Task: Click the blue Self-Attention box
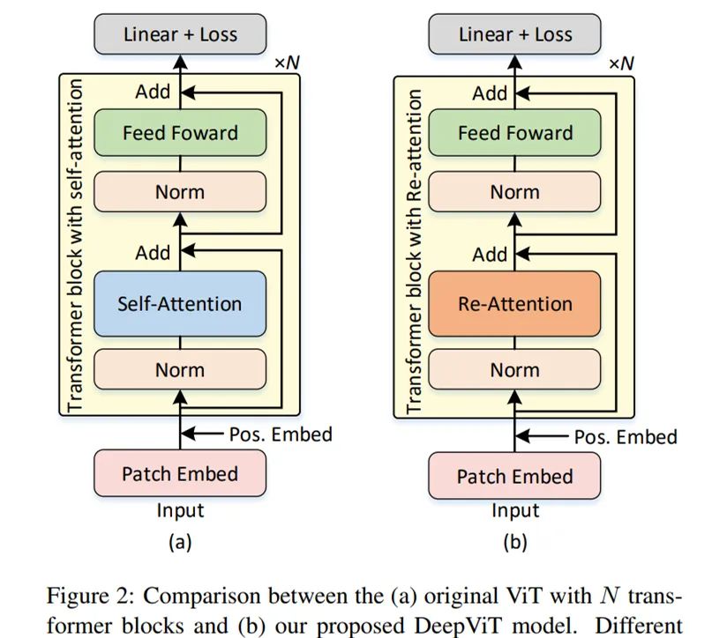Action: pyautogui.click(x=179, y=303)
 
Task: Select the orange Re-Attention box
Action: pyautogui.click(x=514, y=303)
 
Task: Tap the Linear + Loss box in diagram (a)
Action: pyautogui.click(x=180, y=35)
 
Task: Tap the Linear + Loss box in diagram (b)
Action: pyautogui.click(x=514, y=35)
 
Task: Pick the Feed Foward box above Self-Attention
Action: pyautogui.click(x=180, y=133)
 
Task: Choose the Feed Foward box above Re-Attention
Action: pyautogui.click(x=514, y=133)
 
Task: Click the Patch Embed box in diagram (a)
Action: pyautogui.click(x=180, y=474)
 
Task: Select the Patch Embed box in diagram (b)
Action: pyautogui.click(x=514, y=476)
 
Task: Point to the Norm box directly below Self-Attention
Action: pyautogui.click(x=180, y=371)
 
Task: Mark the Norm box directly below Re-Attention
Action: pyautogui.click(x=514, y=371)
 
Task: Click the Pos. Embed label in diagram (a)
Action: pyautogui.click(x=281, y=434)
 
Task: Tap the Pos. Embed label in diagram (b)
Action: pyautogui.click(x=626, y=436)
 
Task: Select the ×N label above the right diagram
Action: pyautogui.click(x=622, y=63)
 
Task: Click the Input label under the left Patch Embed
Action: pyautogui.click(x=180, y=510)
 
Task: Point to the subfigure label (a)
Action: pyautogui.click(x=180, y=542)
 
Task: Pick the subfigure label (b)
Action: pyautogui.click(x=514, y=542)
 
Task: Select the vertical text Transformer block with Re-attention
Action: pyautogui.click(x=412, y=246)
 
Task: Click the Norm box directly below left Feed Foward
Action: pyautogui.click(x=180, y=191)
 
